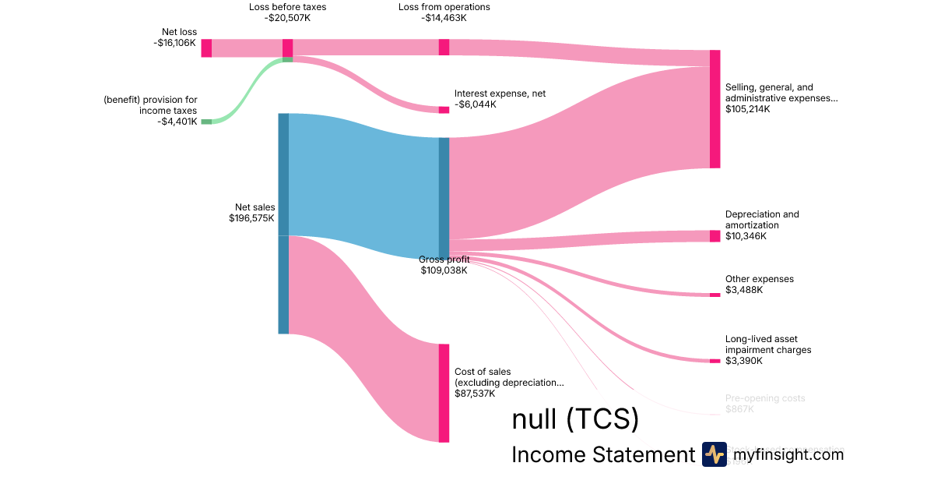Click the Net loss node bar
pos(206,48)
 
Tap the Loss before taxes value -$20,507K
pos(287,18)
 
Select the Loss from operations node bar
pos(444,47)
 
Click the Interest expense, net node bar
pos(444,110)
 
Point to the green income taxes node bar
pos(206,122)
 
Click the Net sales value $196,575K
pos(247,218)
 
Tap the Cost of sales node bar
pos(444,393)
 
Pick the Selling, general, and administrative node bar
pos(715,109)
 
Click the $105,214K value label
pos(747,110)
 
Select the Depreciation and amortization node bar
pos(715,236)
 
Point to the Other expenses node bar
pos(715,295)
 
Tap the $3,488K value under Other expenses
pos(744,290)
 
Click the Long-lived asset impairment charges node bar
pos(715,361)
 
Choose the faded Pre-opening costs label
pos(765,398)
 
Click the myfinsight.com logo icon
pos(714,454)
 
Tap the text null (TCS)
pos(575,419)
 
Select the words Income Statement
pos(602,455)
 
